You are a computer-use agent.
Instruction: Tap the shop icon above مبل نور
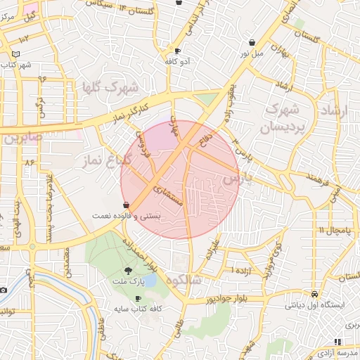click(252, 42)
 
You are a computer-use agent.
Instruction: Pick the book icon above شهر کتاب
click(16, 54)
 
